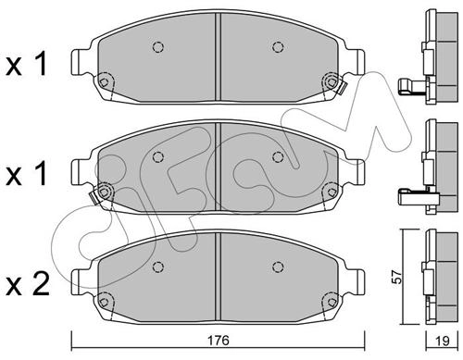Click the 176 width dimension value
tap(218, 341)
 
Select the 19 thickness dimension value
tap(442, 341)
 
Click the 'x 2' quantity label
tap(28, 284)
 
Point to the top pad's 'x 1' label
tap(27, 64)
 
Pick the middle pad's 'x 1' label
tap(27, 174)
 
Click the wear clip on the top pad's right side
tap(343, 88)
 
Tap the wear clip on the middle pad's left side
tap(94, 197)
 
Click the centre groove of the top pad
tap(218, 57)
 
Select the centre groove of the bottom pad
tap(218, 277)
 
